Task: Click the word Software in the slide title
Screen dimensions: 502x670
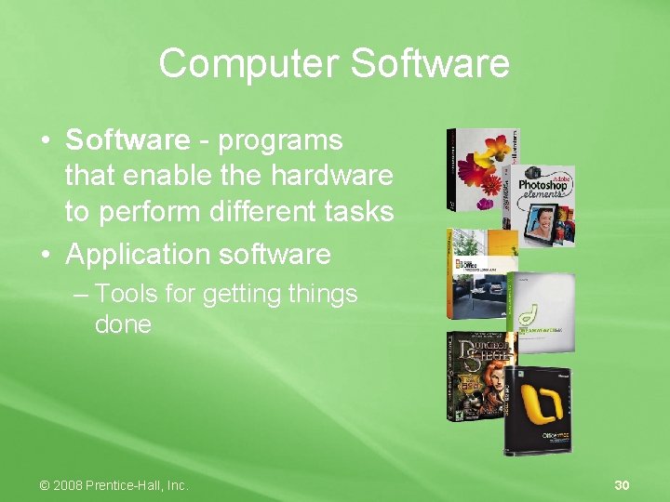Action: pyautogui.click(x=430, y=64)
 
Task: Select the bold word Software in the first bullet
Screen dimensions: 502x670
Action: pyautogui.click(x=127, y=140)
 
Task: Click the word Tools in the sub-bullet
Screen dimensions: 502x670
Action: pyautogui.click(x=129, y=294)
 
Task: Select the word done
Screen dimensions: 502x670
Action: pyautogui.click(x=123, y=324)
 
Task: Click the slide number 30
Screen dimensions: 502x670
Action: pyautogui.click(x=623, y=485)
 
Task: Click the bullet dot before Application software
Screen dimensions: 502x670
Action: pyautogui.click(x=46, y=255)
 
